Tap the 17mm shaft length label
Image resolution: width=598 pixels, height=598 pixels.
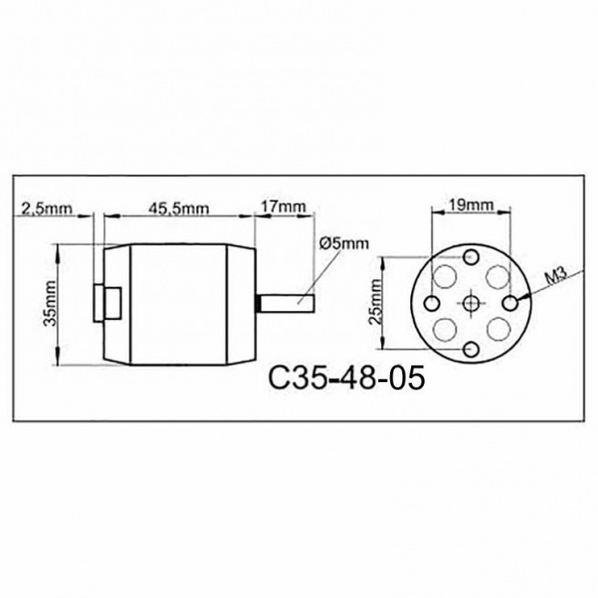point(283,206)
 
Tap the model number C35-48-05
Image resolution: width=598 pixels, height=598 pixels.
point(347,377)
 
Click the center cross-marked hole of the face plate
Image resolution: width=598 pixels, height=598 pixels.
point(470,303)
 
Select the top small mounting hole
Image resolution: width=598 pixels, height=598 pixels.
point(470,255)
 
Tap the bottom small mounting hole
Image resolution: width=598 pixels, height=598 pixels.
point(470,350)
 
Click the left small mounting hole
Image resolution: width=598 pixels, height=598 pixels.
point(432,302)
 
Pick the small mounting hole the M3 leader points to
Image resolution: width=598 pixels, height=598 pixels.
point(510,300)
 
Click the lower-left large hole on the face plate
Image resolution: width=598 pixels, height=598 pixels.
point(448,328)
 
